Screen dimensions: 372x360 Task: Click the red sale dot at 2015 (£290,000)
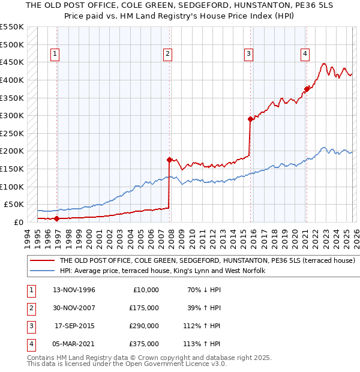pyautogui.click(x=250, y=119)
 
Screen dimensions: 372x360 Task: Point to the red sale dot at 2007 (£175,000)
pyautogui.click(x=169, y=160)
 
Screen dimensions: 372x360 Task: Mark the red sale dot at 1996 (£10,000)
pyautogui.click(x=57, y=218)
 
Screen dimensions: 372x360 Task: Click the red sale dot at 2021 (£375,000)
pyautogui.click(x=307, y=89)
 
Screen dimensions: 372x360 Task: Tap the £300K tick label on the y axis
pyautogui.click(x=11, y=115)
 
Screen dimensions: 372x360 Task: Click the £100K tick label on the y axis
pyautogui.click(x=11, y=187)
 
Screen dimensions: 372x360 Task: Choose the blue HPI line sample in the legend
pyautogui.click(x=42, y=271)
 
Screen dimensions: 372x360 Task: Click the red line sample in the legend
pyautogui.click(x=42, y=261)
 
